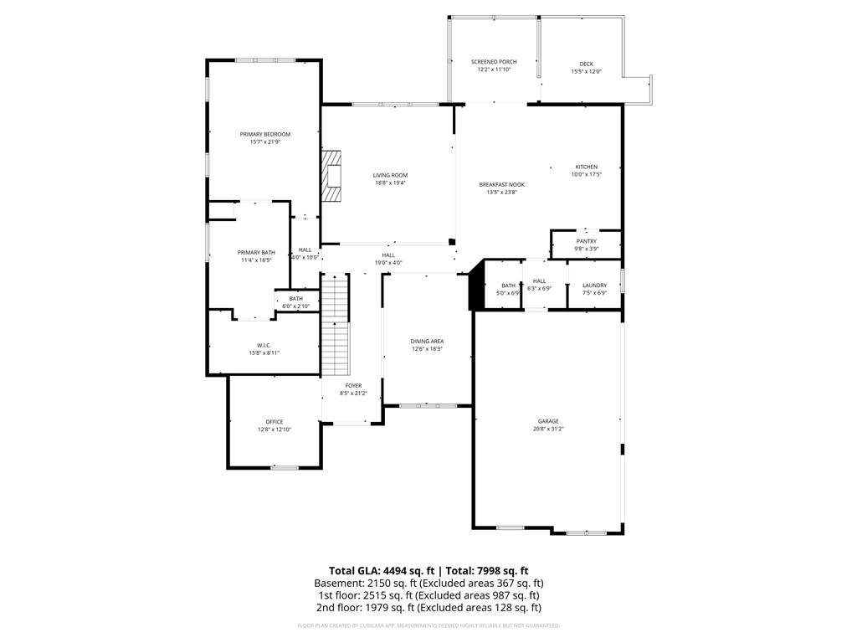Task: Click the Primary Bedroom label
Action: pos(264,135)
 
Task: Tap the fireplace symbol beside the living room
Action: pos(333,177)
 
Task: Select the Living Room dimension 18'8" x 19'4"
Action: pos(390,183)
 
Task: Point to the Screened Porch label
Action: pos(494,62)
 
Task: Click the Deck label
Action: pos(586,64)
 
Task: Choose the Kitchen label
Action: pos(586,167)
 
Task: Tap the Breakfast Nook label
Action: pos(501,184)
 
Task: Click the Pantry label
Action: pos(586,241)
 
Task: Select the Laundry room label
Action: pos(594,285)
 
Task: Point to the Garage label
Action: pos(548,421)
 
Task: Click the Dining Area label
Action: pos(427,341)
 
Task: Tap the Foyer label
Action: pos(353,385)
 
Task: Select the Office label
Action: pos(275,422)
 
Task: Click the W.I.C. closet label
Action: pos(264,345)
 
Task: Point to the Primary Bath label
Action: pos(256,253)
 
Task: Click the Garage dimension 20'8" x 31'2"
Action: pos(548,429)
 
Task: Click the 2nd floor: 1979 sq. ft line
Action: pos(428,608)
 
